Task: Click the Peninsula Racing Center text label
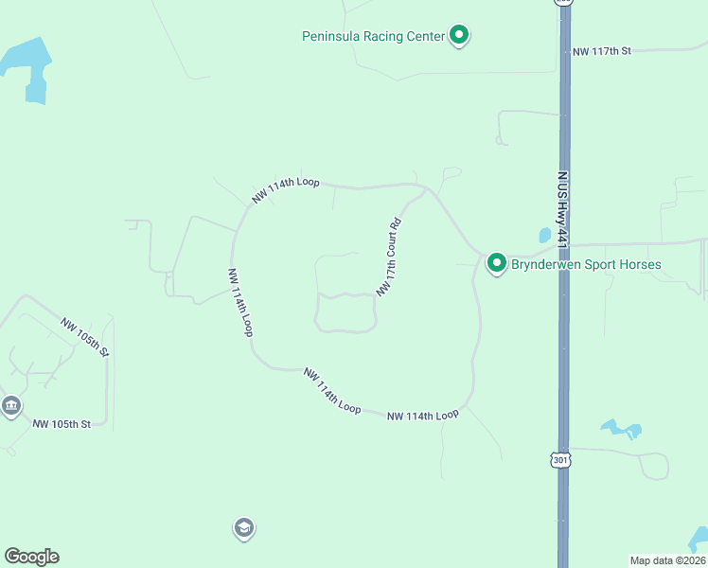pyautogui.click(x=373, y=37)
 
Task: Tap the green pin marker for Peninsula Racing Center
pyautogui.click(x=459, y=36)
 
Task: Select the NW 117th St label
pyautogui.click(x=601, y=51)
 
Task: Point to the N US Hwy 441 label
pyautogui.click(x=561, y=210)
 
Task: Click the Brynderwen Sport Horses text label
pyautogui.click(x=586, y=264)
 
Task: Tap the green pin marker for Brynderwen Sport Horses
pyautogui.click(x=496, y=263)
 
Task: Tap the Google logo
pyautogui.click(x=31, y=557)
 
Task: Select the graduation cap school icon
pyautogui.click(x=243, y=528)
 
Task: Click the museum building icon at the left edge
pyautogui.click(x=10, y=407)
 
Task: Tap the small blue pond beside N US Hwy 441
pyautogui.click(x=544, y=235)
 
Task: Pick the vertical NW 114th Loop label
pyautogui.click(x=239, y=301)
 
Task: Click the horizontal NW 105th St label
pyautogui.click(x=62, y=424)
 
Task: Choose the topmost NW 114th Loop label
pyautogui.click(x=286, y=189)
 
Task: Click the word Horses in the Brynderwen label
pyautogui.click(x=639, y=264)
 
